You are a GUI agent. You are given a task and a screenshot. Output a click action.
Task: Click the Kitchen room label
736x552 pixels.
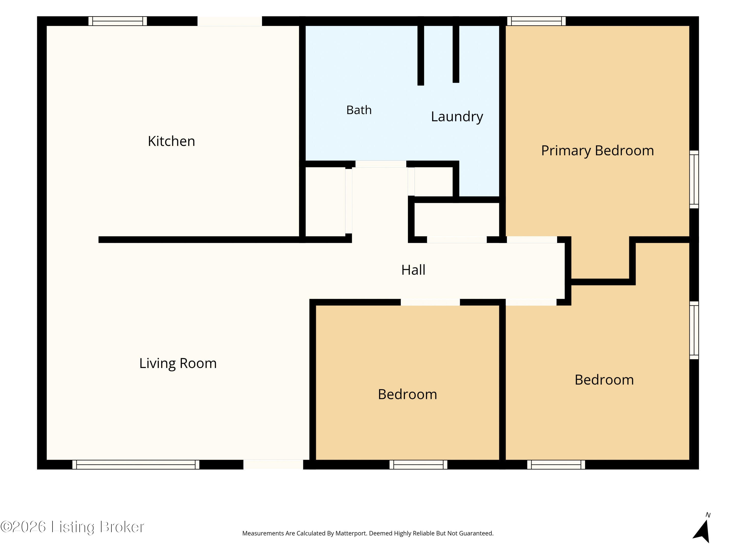pyautogui.click(x=171, y=141)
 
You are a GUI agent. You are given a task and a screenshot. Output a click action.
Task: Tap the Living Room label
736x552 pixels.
pyautogui.click(x=178, y=363)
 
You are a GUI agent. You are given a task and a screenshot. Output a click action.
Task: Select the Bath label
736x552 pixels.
pyautogui.click(x=359, y=110)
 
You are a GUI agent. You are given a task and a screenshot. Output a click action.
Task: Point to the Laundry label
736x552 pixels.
pyautogui.click(x=457, y=117)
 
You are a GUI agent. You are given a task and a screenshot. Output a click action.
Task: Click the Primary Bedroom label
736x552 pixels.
pyautogui.click(x=598, y=151)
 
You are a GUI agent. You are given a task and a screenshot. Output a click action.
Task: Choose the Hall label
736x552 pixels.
pyautogui.click(x=413, y=270)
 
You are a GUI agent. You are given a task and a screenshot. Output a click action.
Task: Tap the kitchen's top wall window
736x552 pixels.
pyautogui.click(x=118, y=21)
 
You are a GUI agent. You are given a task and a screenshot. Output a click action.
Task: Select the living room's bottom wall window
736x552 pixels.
pyautogui.click(x=136, y=464)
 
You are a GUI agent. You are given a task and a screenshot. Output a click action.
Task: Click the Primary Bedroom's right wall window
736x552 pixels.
pyautogui.click(x=694, y=179)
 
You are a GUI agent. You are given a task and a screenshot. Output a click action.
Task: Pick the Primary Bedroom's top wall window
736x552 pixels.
pyautogui.click(x=536, y=21)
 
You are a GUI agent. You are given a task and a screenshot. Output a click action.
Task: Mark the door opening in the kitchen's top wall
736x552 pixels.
pyautogui.click(x=230, y=21)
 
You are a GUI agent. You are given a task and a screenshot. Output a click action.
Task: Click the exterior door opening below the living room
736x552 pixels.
pyautogui.click(x=273, y=464)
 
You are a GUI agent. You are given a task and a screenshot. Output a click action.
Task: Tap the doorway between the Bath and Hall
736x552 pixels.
pyautogui.click(x=381, y=164)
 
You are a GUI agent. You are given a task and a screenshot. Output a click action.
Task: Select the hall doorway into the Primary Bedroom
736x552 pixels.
pyautogui.click(x=532, y=239)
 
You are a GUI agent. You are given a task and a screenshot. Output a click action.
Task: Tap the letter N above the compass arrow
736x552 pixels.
pyautogui.click(x=708, y=515)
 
